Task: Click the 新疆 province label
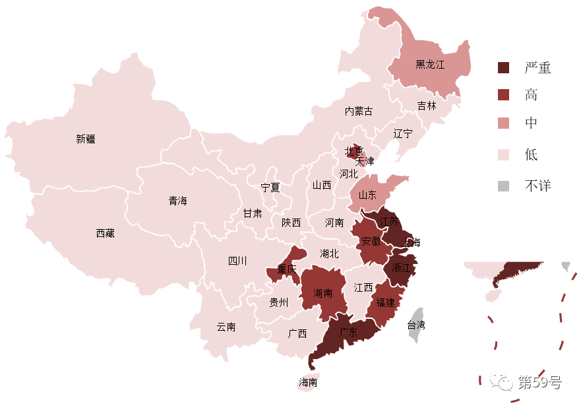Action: click(86, 139)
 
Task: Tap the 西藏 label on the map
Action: click(106, 233)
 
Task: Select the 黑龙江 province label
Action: click(430, 65)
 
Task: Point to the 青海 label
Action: click(177, 201)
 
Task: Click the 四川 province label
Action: click(237, 261)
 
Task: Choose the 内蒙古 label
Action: click(359, 111)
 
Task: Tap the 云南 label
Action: click(226, 327)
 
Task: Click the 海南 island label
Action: click(308, 382)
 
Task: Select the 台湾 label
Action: click(416, 325)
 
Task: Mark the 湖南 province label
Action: click(323, 293)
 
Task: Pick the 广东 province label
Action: click(348, 333)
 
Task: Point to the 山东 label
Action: click(367, 195)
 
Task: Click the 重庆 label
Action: click(287, 269)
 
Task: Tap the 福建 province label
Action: click(385, 302)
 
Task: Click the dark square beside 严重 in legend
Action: click(504, 67)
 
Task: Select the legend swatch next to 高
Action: click(504, 95)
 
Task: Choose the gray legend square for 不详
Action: click(504, 186)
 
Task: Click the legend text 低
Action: click(532, 155)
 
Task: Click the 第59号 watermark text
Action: click(539, 382)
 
